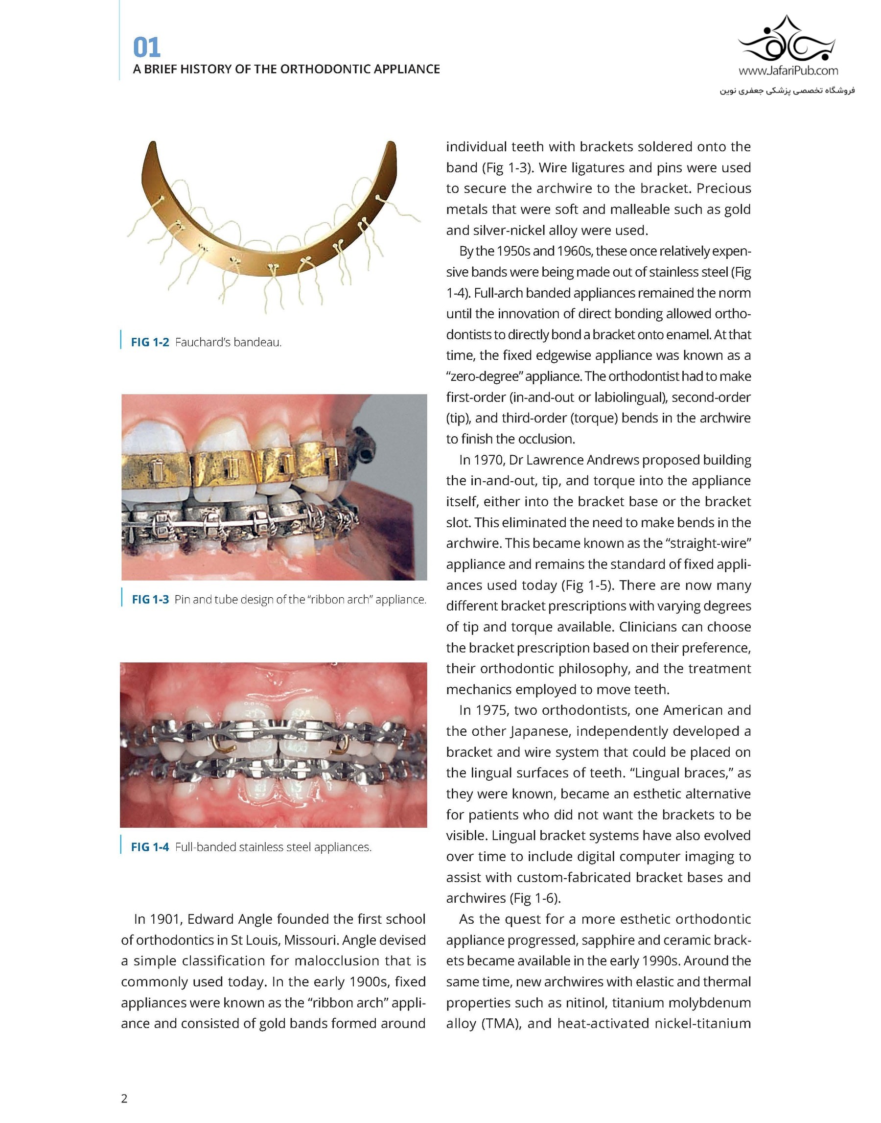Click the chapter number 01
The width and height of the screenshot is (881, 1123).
pyautogui.click(x=147, y=48)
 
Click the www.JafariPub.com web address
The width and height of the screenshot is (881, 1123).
pyautogui.click(x=788, y=70)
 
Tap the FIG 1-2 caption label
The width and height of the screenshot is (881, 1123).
pyautogui.click(x=150, y=342)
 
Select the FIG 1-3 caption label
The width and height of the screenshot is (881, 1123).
pyautogui.click(x=151, y=599)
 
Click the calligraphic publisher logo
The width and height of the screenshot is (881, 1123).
pyautogui.click(x=788, y=39)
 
